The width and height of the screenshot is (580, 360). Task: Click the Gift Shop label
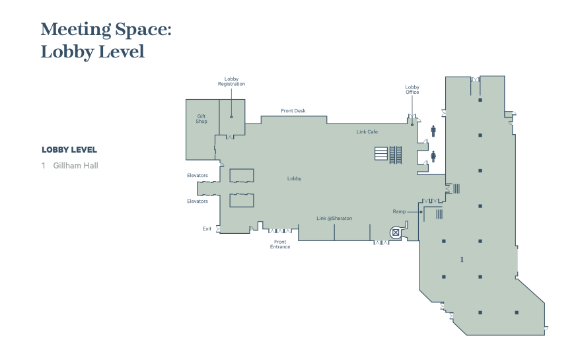(201, 119)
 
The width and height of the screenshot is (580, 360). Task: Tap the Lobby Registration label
(232, 81)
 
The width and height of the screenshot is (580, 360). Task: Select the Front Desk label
(293, 110)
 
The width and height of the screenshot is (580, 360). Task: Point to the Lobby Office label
(412, 90)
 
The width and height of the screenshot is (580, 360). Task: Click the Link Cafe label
(367, 131)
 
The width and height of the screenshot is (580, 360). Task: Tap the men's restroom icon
(433, 131)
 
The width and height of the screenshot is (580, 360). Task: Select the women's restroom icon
(433, 157)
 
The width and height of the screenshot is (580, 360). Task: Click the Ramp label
(399, 211)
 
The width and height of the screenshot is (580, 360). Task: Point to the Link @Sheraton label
(334, 218)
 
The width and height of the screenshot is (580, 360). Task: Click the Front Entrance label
(280, 244)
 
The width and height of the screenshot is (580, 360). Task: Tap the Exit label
(207, 229)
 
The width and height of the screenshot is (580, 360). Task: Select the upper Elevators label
(198, 175)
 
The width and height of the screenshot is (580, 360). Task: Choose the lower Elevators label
(198, 201)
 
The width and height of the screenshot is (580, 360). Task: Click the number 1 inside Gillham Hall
(462, 260)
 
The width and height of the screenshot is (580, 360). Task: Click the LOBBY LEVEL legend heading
(69, 150)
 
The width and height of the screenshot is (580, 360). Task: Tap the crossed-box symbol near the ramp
(396, 233)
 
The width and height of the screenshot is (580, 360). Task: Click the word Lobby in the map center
(295, 179)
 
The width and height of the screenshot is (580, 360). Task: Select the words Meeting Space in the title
(106, 30)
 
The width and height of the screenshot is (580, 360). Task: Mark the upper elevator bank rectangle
(242, 175)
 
